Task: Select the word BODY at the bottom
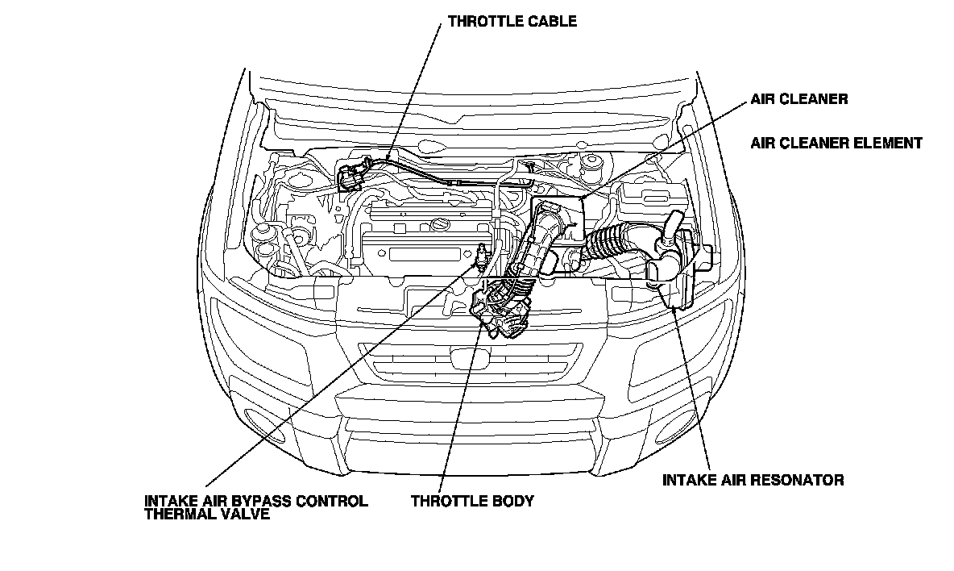pyautogui.click(x=512, y=501)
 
